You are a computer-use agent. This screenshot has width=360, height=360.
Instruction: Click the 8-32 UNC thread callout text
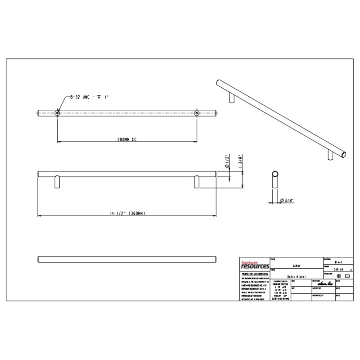tap(90, 97)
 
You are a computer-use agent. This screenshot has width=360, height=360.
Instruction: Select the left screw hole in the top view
tap(58, 113)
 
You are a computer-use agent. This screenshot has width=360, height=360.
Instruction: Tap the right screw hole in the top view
tap(197, 113)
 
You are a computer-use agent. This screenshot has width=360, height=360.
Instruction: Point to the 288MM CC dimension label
tap(126, 140)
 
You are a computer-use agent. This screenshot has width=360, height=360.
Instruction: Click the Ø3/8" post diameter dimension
tap(287, 200)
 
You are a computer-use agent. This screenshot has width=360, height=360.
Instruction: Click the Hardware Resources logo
tap(253, 265)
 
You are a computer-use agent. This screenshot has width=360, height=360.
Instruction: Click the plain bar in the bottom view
tap(126, 258)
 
